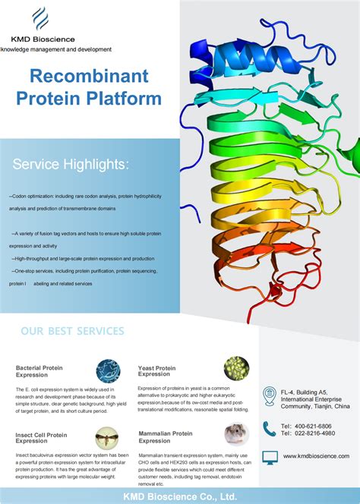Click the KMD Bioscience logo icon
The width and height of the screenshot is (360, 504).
click(40, 18)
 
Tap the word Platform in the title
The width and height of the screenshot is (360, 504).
click(132, 99)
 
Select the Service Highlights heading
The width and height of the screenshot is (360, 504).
click(71, 165)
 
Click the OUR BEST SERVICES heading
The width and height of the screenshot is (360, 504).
click(72, 331)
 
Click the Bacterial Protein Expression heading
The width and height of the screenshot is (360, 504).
click(39, 371)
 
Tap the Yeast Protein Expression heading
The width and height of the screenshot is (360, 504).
click(156, 371)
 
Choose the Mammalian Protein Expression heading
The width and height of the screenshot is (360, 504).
click(165, 437)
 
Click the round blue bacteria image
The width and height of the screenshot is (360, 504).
click(108, 370)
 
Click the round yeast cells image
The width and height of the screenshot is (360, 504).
click(236, 369)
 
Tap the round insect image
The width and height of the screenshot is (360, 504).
click(107, 438)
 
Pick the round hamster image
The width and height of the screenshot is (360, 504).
click(236, 435)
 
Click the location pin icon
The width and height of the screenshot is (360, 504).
click(269, 395)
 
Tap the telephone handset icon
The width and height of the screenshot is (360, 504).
click(269, 429)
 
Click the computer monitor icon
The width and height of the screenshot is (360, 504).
click(269, 456)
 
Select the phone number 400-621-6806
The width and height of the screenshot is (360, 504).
click(315, 426)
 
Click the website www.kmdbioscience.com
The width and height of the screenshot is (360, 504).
click(316, 455)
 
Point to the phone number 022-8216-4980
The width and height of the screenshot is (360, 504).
click(315, 433)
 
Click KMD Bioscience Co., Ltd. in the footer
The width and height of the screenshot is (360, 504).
click(180, 495)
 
